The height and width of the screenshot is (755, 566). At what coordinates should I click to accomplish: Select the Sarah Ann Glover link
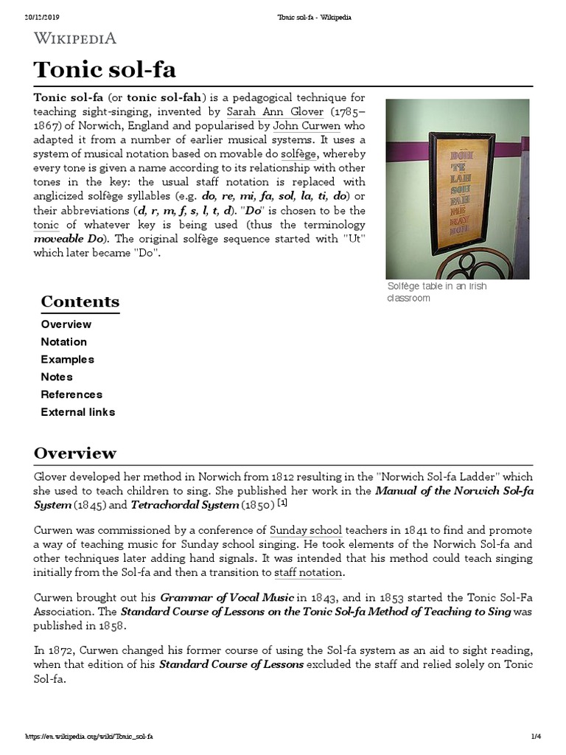coord(274,112)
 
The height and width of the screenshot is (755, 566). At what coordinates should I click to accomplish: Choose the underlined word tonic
coord(46,225)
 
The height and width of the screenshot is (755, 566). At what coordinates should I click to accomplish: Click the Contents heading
coord(80,302)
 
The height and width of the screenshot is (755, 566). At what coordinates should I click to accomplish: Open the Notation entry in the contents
coord(63,342)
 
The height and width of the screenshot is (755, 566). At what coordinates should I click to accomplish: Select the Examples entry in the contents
coord(67,360)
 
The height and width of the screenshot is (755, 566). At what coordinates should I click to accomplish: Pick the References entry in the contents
coord(71,394)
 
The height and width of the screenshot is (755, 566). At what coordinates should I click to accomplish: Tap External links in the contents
coord(77,412)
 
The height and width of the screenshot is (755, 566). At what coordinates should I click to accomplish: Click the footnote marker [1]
coord(282,504)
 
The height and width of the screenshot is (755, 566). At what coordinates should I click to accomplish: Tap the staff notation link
coord(308,572)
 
